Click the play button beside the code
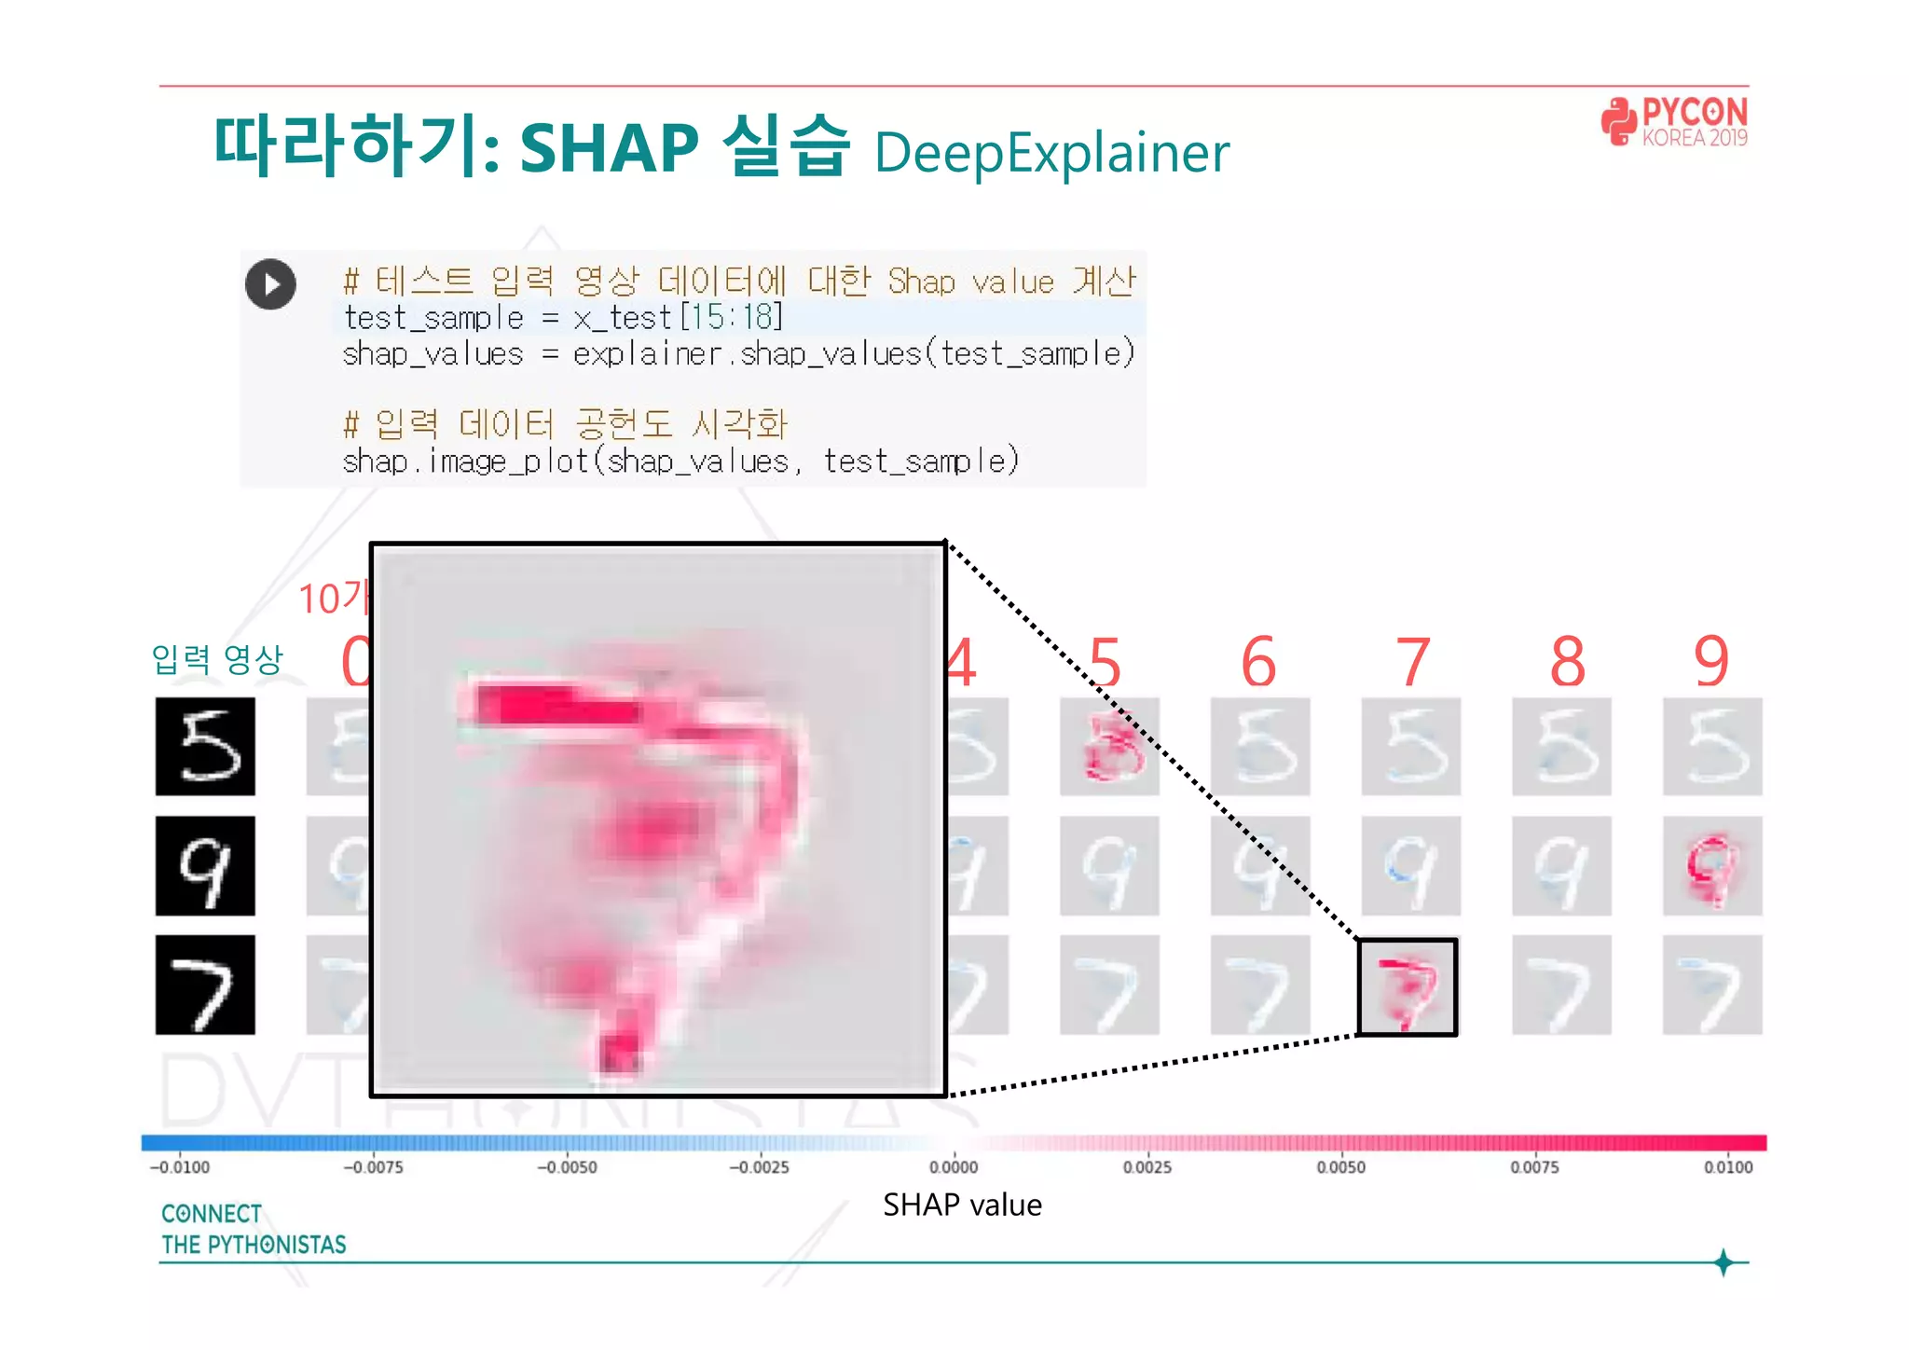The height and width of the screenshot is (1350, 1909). pos(270,284)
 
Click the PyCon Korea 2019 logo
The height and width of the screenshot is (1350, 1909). pos(1674,122)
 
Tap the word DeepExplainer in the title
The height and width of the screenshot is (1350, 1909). pos(1051,153)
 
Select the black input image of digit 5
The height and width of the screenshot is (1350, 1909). pos(205,746)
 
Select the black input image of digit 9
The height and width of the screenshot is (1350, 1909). pos(205,865)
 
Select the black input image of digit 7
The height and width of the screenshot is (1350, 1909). pos(205,985)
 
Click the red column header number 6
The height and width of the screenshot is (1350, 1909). pos(1258,662)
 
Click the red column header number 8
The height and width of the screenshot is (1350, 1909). pos(1567,662)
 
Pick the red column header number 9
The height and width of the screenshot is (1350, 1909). pos(1711,662)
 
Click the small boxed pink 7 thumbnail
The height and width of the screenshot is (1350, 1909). pos(1408,987)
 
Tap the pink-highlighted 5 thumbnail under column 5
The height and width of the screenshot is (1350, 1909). pos(1109,746)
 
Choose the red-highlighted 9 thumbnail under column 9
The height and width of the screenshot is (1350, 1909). pos(1712,865)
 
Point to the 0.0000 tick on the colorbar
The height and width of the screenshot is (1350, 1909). pos(954,1167)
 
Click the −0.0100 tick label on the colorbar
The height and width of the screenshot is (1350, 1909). pos(180,1167)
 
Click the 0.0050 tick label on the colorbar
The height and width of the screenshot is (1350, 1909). pos(1340,1167)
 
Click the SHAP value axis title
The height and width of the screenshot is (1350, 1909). pos(962,1205)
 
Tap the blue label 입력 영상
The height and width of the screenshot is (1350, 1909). pos(217,659)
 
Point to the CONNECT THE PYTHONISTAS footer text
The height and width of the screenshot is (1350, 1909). pos(253,1229)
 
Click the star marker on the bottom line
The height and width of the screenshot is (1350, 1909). pos(1724,1262)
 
